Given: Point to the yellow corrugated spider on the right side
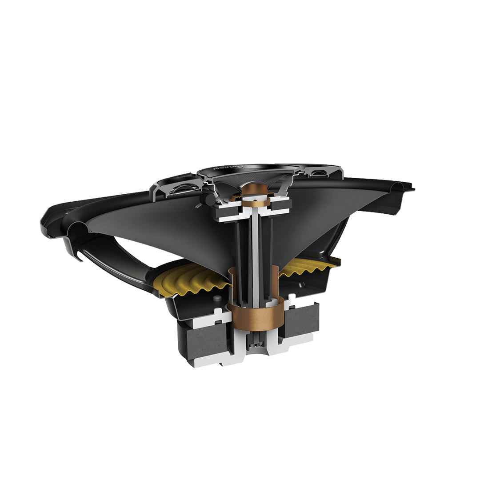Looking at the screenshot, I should [x=311, y=268].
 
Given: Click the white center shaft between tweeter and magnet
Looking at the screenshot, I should [x=254, y=249].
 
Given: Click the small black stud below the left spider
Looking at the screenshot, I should [x=217, y=299].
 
